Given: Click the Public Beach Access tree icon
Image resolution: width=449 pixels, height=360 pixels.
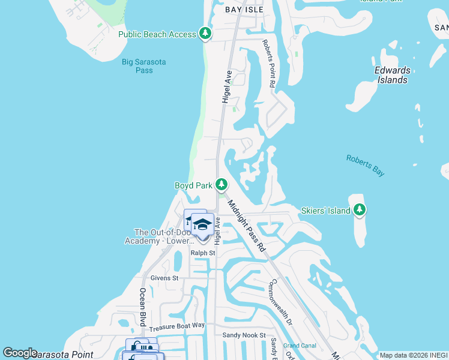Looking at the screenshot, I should pyautogui.click(x=205, y=34).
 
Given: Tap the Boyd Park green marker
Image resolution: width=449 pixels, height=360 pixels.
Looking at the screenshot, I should pyautogui.click(x=222, y=185).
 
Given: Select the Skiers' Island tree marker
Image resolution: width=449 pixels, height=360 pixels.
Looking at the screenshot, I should pyautogui.click(x=359, y=209).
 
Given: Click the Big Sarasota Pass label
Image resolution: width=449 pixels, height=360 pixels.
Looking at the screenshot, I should pyautogui.click(x=145, y=66).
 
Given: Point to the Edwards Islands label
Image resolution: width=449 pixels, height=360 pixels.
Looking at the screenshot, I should pyautogui.click(x=393, y=75).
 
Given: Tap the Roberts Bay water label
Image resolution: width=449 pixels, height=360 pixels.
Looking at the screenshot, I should pyautogui.click(x=365, y=165).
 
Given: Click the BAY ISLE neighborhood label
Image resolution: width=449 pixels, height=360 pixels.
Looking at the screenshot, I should pyautogui.click(x=244, y=10).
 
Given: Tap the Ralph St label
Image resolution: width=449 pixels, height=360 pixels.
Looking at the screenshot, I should pyautogui.click(x=203, y=253).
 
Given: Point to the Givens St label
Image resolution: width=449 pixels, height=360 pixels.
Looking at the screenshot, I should pyautogui.click(x=164, y=278).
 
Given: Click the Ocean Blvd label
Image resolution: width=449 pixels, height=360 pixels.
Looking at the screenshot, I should pyautogui.click(x=143, y=307).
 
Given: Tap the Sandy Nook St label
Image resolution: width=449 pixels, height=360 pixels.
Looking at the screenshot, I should pyautogui.click(x=244, y=335).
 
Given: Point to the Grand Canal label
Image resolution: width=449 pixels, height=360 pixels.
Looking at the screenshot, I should pyautogui.click(x=300, y=346).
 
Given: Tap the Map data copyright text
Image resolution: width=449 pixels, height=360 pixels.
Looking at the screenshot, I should pyautogui.click(x=414, y=355).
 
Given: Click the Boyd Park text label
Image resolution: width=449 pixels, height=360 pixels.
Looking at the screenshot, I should pyautogui.click(x=193, y=185).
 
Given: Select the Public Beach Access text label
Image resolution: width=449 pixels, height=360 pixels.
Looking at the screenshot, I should pyautogui.click(x=157, y=34).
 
